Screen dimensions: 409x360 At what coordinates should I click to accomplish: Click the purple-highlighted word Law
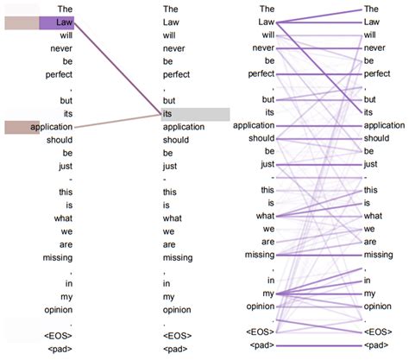[x=64, y=22]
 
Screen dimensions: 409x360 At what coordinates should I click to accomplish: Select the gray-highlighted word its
[x=167, y=114]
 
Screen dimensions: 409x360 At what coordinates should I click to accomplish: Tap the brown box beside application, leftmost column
[x=22, y=127]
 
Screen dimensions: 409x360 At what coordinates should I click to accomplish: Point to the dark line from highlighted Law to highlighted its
[x=117, y=68]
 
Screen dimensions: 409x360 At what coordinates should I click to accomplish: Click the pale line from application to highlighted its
[x=117, y=121]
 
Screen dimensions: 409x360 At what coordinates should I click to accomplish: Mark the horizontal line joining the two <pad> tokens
[x=318, y=345]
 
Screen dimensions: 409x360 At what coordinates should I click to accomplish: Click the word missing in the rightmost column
[x=378, y=255]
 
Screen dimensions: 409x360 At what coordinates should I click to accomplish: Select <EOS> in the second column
[x=177, y=336]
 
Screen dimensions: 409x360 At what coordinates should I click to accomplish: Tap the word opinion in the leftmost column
[x=59, y=310]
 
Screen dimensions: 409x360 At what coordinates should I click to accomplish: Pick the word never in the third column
[x=263, y=48]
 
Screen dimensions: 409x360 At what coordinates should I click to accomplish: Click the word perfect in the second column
[x=176, y=75]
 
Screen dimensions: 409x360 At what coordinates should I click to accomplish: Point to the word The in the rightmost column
[x=371, y=9]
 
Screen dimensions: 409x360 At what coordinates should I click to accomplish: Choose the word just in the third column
[x=267, y=165]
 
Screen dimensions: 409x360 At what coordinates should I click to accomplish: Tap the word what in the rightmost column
[x=373, y=216]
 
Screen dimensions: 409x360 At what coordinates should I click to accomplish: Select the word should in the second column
[x=176, y=140]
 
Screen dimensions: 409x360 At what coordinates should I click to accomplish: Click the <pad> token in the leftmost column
[x=60, y=349]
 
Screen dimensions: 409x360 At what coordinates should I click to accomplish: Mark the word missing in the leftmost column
[x=58, y=258]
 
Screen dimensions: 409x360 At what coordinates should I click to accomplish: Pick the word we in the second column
[x=168, y=231]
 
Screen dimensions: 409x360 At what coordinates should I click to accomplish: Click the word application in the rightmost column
[x=384, y=126]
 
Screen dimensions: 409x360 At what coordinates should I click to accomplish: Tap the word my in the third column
[x=268, y=294]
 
